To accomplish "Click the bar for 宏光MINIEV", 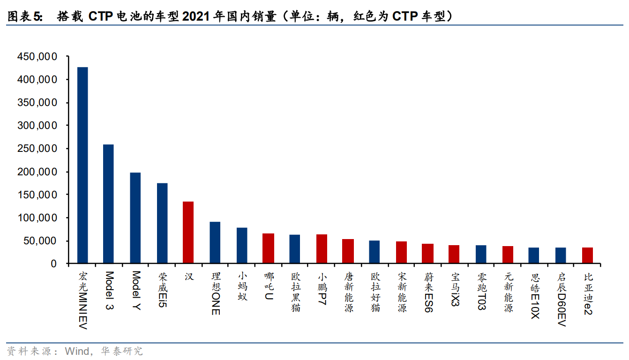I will [x=82, y=165].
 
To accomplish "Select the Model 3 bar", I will [x=108, y=204].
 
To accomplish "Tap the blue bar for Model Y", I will [x=135, y=218].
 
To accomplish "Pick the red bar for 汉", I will [x=188, y=232].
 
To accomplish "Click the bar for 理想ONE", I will [x=215, y=243].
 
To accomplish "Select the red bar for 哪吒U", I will [x=268, y=248].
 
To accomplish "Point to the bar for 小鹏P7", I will [x=322, y=249].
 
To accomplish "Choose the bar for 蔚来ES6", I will [x=427, y=254].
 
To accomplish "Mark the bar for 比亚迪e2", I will [x=587, y=255].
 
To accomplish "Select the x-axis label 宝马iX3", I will [x=454, y=290].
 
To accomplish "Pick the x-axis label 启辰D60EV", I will [x=561, y=299].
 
